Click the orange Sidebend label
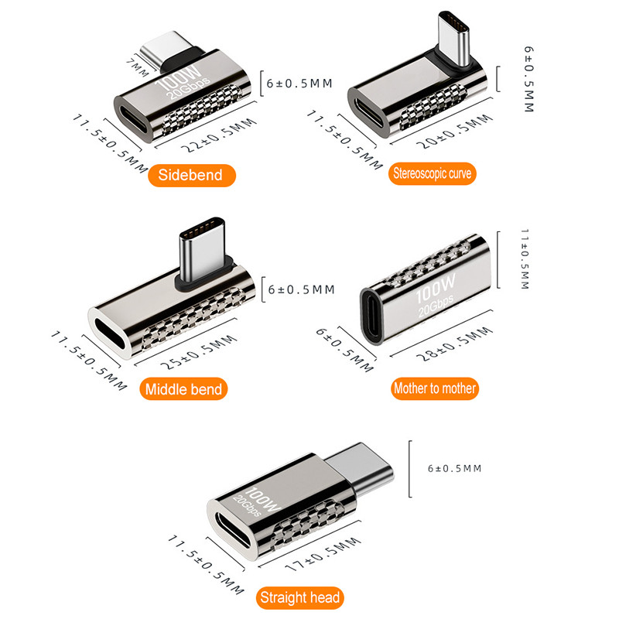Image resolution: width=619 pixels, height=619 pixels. [x=191, y=176]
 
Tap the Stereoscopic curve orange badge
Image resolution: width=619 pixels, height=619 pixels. [x=433, y=173]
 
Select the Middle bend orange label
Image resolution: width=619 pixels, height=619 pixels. [x=183, y=389]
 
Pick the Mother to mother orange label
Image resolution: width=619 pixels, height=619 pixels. [x=435, y=388]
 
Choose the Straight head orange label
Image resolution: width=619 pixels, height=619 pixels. [x=300, y=597]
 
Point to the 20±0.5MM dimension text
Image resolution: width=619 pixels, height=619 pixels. [x=455, y=132]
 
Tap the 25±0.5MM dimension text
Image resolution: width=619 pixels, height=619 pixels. [x=199, y=352]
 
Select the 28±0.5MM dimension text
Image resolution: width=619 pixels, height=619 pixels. [x=455, y=344]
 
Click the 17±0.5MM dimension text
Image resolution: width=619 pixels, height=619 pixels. [x=323, y=554]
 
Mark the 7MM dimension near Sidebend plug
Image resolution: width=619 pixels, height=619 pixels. [x=138, y=67]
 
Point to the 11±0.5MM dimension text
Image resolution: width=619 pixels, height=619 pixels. [x=525, y=259]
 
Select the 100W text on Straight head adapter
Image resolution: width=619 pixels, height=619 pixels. [x=263, y=499]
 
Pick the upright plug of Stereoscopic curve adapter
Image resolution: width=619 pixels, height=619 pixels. [x=454, y=38]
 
